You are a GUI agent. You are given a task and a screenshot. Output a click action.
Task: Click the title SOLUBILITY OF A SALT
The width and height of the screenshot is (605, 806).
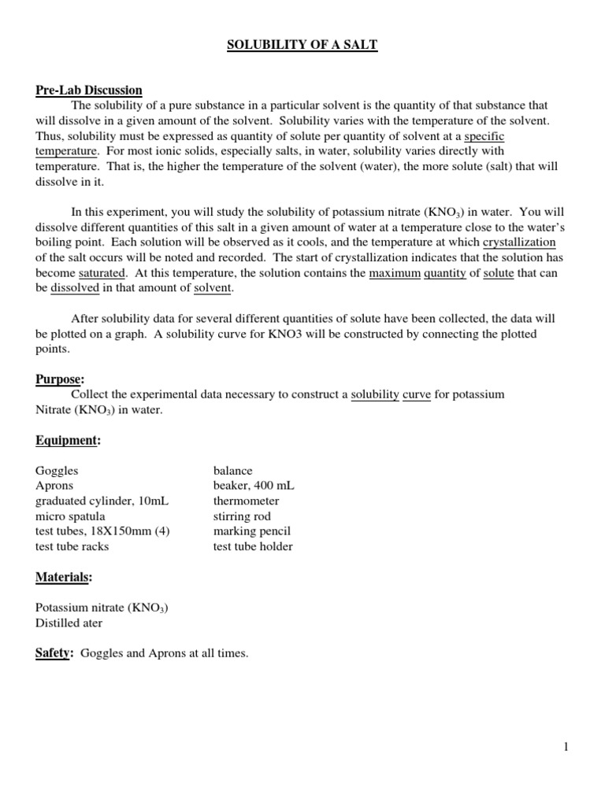(x=302, y=46)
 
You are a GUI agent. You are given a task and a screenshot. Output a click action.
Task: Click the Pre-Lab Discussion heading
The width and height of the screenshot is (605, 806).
(x=89, y=91)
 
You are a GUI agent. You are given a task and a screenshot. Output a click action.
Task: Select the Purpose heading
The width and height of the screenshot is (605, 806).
(x=59, y=379)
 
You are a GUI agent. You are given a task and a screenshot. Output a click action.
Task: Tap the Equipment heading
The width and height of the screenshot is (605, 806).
(x=68, y=441)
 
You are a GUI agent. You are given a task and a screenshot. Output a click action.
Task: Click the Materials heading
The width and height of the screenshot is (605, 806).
(x=64, y=578)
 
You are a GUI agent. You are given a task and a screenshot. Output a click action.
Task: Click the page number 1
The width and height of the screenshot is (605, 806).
(x=566, y=748)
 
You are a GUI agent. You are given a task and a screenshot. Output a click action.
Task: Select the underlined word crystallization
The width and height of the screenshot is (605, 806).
(x=519, y=242)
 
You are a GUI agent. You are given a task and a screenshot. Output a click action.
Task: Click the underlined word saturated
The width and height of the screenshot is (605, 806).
(x=102, y=272)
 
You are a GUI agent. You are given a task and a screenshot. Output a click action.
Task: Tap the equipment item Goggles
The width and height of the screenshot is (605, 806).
(x=57, y=471)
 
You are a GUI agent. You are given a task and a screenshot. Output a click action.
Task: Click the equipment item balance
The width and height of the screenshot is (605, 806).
(x=232, y=471)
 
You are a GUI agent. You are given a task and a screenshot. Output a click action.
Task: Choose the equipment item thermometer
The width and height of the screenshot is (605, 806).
(x=246, y=501)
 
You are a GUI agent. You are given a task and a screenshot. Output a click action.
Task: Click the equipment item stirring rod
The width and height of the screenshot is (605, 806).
(x=242, y=516)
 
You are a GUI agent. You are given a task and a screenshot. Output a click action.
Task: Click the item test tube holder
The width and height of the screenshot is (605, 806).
(x=253, y=546)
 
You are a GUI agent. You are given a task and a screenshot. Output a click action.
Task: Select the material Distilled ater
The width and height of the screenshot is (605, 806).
(x=69, y=623)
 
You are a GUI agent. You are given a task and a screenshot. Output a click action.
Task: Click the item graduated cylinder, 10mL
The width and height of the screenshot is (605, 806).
(x=102, y=501)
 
